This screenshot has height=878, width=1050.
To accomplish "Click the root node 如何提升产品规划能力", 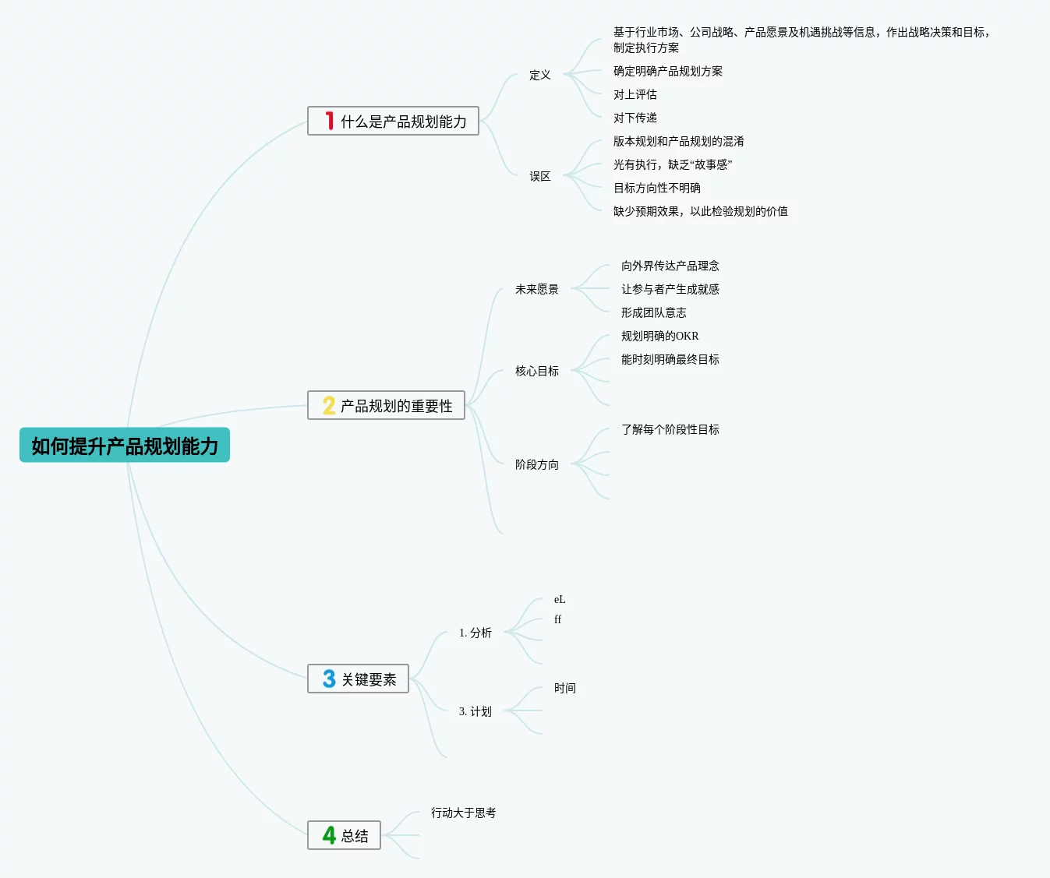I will pos(125,446).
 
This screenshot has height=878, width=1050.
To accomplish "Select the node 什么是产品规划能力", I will pos(403,122).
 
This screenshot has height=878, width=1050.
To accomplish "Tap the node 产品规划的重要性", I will pos(396,406).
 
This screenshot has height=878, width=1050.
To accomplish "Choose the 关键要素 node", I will pos(369,679).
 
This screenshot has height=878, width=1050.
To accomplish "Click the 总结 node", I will pos(355,836).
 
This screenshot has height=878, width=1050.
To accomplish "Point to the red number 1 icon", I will pos(330,121).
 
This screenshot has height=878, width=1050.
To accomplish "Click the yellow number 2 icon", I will pos(329,406).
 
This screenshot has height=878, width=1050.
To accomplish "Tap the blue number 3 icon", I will pos(329,679).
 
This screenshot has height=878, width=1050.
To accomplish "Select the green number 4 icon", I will pos(329,836).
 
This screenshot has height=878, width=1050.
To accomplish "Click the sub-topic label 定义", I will pos(539,75).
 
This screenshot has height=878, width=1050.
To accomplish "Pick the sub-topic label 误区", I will pos(539,176).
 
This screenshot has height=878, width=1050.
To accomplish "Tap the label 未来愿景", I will pos(536,289).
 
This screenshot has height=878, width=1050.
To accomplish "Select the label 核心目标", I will pos(536,371).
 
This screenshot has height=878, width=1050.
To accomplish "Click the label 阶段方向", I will pos(536,464).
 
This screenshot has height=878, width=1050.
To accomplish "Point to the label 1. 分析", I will pos(475,633).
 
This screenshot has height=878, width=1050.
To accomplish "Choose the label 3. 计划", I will pos(475,711).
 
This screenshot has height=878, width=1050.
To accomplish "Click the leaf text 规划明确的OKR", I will pos(659,336).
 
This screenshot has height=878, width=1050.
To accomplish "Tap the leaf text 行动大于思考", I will pos(463,813).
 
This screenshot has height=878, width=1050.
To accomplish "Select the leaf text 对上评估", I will pos(635,94).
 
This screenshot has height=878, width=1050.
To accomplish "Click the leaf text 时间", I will pos(564,688).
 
